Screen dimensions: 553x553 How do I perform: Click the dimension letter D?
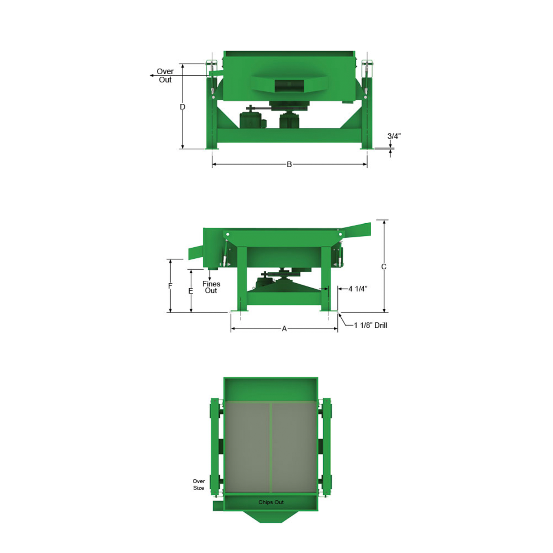click(182, 107)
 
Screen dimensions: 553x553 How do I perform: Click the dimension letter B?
click(289, 164)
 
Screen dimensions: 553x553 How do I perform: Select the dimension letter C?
click(384, 267)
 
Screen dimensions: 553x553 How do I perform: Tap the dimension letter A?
click(284, 329)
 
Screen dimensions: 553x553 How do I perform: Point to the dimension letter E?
click(191, 291)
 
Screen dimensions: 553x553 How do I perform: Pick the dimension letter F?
click(170, 286)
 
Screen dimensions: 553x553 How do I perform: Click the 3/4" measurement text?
click(394, 136)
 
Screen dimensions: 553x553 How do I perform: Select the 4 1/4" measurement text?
click(358, 289)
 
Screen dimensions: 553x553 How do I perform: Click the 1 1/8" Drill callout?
click(371, 325)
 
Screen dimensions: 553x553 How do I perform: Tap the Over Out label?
click(165, 75)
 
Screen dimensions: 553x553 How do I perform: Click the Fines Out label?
click(211, 287)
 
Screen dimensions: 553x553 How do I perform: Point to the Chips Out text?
click(271, 502)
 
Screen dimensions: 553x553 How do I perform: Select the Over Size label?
click(199, 484)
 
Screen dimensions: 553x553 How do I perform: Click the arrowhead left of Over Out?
click(152, 75)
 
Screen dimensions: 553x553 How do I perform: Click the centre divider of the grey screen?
click(271, 447)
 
